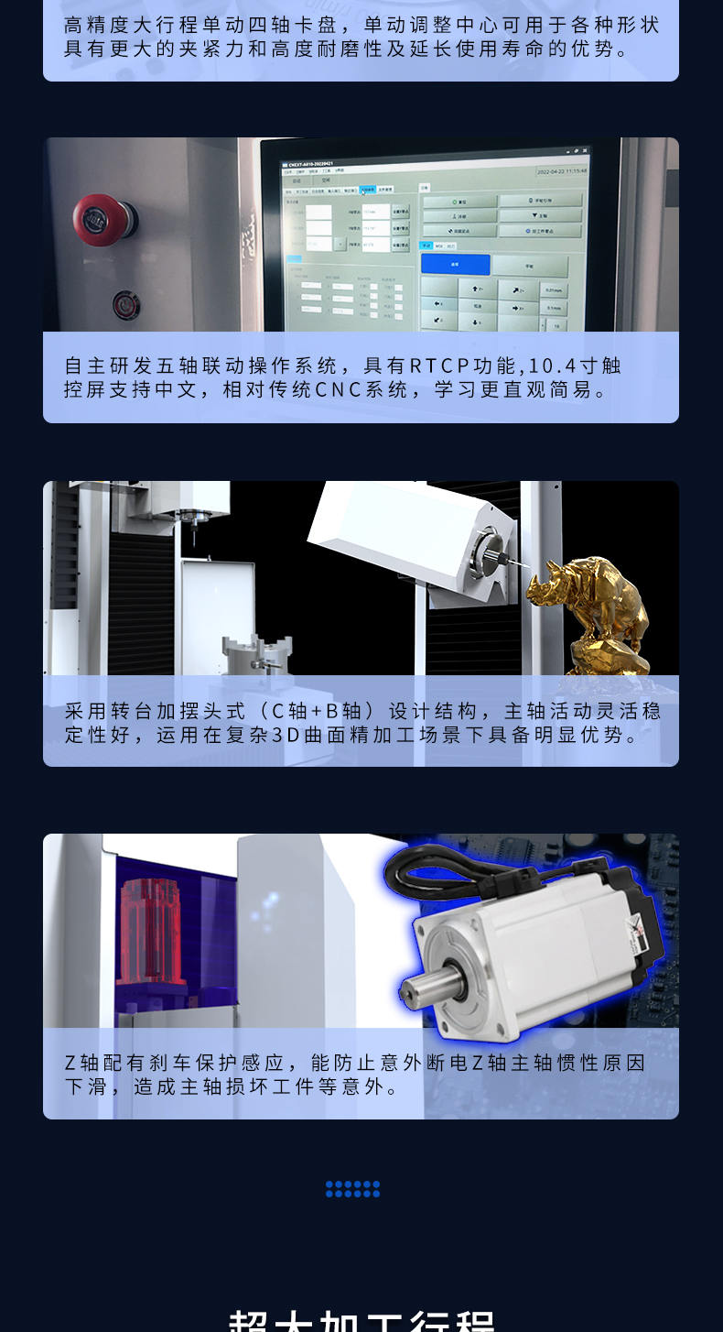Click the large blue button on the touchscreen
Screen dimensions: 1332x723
[455, 265]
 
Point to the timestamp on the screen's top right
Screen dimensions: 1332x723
[561, 170]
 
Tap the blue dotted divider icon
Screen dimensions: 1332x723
[352, 1189]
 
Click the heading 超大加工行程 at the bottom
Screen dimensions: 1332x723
[361, 1319]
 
